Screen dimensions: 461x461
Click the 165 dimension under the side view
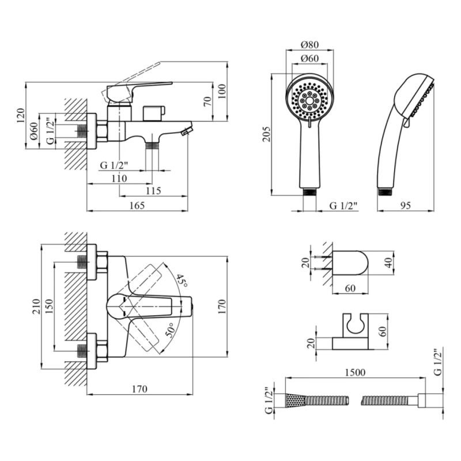coord(137,206)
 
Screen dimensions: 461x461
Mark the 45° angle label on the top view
coord(183,282)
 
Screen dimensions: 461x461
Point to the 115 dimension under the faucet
coord(153,191)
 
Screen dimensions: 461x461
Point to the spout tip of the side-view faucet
coord(186,131)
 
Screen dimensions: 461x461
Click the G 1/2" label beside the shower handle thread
coord(343,206)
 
